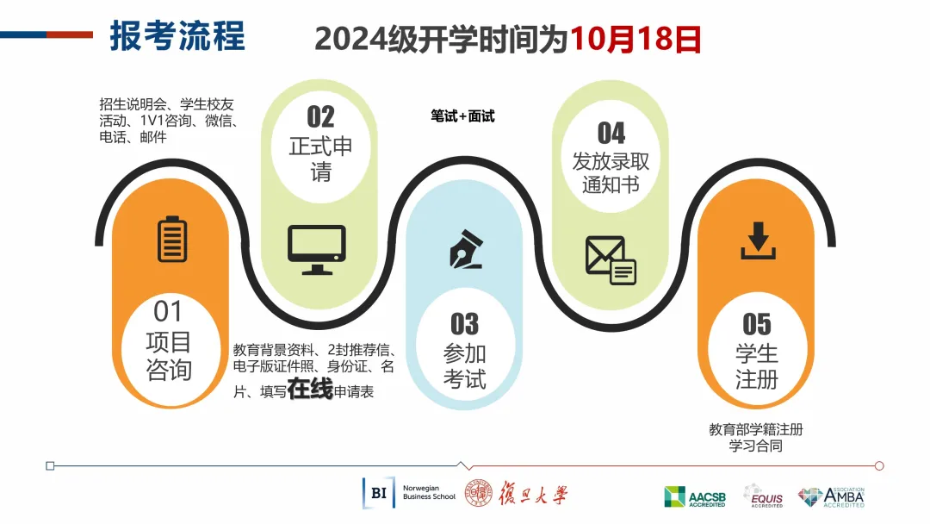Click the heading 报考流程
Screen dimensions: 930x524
click(177, 35)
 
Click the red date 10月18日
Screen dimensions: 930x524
click(635, 39)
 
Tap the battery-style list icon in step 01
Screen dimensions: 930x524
click(172, 239)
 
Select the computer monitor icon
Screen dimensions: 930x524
click(317, 250)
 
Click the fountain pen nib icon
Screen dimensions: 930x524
click(466, 249)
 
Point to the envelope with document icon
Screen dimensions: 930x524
click(611, 260)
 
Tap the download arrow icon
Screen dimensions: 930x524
click(758, 241)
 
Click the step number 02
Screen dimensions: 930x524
click(321, 117)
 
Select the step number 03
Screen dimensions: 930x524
click(464, 324)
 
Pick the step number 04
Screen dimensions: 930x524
click(611, 133)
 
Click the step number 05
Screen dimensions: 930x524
click(757, 324)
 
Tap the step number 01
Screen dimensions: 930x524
click(169, 311)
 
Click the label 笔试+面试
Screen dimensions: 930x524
click(462, 116)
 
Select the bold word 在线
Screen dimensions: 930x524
click(310, 389)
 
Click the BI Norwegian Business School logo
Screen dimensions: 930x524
click(409, 493)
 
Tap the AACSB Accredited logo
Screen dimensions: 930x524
click(695, 497)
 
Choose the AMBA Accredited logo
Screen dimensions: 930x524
click(831, 497)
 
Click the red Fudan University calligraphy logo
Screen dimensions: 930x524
click(516, 494)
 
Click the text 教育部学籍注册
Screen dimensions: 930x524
click(756, 429)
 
